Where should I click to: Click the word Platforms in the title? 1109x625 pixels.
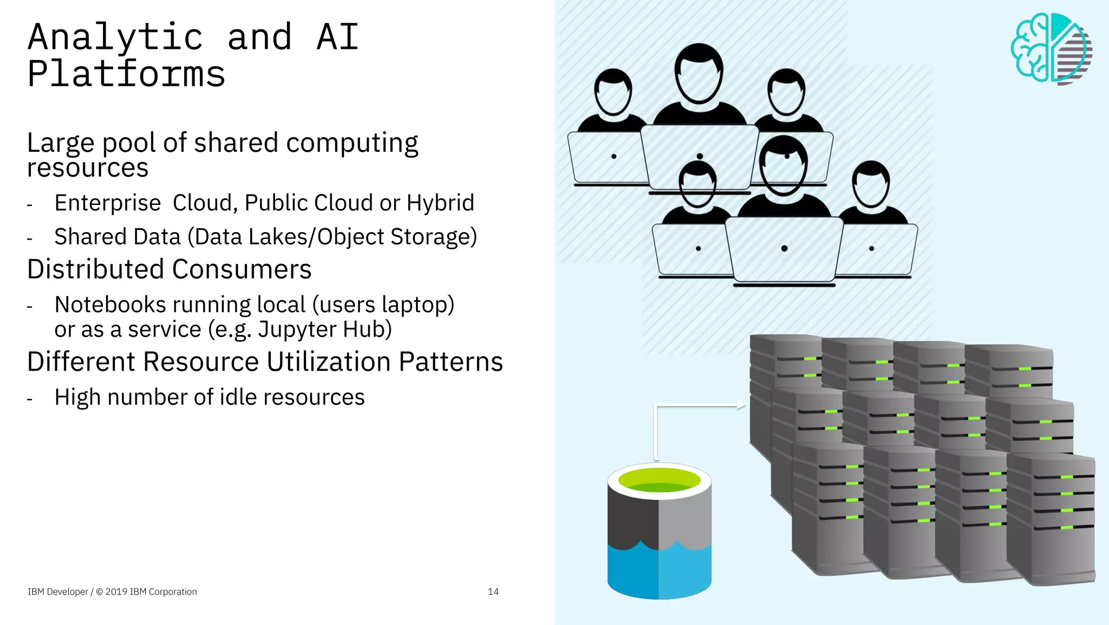(x=126, y=74)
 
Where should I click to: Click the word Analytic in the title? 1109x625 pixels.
(x=115, y=37)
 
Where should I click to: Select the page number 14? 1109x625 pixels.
(x=493, y=591)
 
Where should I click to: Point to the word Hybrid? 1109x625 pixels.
(x=440, y=203)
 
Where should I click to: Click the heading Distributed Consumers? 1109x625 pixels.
(x=169, y=269)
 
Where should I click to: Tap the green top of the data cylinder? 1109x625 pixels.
(x=659, y=480)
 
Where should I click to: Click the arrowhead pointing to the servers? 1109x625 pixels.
(x=741, y=405)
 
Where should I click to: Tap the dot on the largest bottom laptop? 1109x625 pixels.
(x=784, y=248)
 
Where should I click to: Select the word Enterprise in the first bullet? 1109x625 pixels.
(x=108, y=203)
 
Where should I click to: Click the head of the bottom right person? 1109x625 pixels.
(x=870, y=184)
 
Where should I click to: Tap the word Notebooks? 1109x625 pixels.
(x=110, y=305)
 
